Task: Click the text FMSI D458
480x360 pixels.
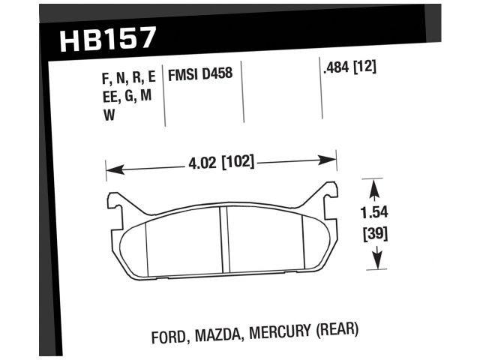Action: (199, 75)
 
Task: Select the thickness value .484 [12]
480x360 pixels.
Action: (348, 66)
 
